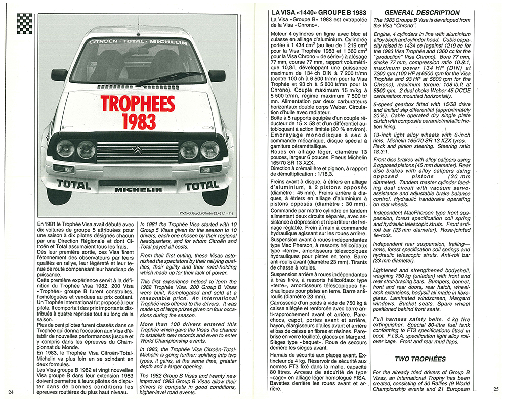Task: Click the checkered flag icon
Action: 25,24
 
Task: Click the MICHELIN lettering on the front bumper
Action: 138,190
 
